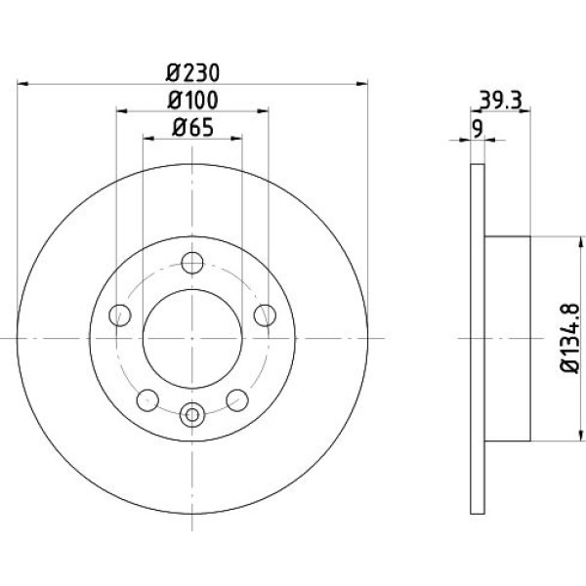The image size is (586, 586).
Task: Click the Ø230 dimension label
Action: coord(192,73)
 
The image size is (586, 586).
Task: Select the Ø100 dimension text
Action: coord(192,101)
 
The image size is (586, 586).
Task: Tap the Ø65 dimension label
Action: coord(192,127)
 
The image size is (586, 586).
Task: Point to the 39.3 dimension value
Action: coord(500,101)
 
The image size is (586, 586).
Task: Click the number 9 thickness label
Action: coord(478,129)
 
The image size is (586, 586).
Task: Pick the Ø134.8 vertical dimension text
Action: coord(570,338)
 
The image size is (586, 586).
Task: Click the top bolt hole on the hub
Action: coord(192,263)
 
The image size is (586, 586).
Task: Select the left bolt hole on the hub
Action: coord(120,315)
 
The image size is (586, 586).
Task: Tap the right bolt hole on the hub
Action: coord(265,315)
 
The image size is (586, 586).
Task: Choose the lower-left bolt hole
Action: coord(147,399)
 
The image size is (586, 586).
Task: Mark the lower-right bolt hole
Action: coord(237,399)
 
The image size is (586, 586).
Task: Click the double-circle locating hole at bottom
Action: coord(192,415)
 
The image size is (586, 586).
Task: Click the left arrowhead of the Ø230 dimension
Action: coord(22,84)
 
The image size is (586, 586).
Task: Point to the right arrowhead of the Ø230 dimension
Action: coord(361,84)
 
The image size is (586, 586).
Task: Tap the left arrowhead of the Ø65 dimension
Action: coord(148,139)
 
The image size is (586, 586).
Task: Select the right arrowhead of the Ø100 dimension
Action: coord(263,111)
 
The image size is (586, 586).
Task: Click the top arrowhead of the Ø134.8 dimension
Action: coord(580,242)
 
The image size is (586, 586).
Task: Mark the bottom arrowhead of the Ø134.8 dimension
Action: coord(580,435)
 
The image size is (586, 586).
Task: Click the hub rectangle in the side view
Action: coord(508,339)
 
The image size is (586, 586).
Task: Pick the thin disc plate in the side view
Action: coord(478,339)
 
